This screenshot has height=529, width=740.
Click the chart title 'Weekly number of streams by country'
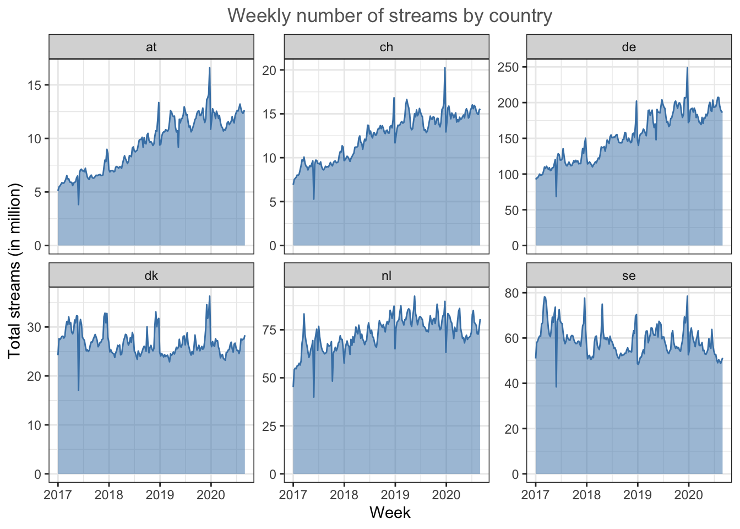pyautogui.click(x=390, y=16)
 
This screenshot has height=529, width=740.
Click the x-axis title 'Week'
pyautogui.click(x=390, y=513)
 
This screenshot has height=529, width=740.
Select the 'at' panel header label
pyautogui.click(x=151, y=47)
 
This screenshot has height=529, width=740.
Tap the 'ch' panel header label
pyautogui.click(x=387, y=47)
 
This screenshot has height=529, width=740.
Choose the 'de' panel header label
pyautogui.click(x=629, y=47)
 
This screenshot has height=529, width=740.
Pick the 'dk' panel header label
pyautogui.click(x=151, y=276)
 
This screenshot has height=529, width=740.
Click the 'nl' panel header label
pyautogui.click(x=387, y=276)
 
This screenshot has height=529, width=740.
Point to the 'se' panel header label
pyautogui.click(x=629, y=276)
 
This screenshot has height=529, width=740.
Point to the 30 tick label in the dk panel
pyautogui.click(x=34, y=327)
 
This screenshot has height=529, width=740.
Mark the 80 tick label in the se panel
pyautogui.click(x=512, y=293)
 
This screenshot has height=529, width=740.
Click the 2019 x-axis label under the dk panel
pyautogui.click(x=160, y=494)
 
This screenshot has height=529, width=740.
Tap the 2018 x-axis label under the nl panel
pyautogui.click(x=344, y=494)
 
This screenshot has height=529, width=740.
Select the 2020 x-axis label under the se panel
pyautogui.click(x=688, y=494)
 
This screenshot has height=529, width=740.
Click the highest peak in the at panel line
pyautogui.click(x=210, y=68)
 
